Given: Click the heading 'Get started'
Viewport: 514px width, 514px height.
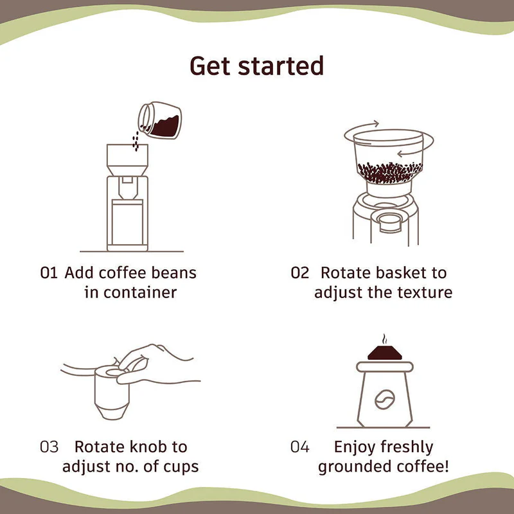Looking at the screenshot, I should tap(256, 66).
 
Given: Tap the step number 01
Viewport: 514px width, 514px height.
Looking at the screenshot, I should tap(49, 272).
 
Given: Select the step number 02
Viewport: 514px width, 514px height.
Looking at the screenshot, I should tap(300, 272).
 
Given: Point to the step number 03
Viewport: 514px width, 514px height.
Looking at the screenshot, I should tap(49, 447).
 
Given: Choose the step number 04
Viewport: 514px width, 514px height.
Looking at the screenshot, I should tap(300, 447).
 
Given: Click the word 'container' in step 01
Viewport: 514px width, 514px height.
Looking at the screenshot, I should tap(139, 292).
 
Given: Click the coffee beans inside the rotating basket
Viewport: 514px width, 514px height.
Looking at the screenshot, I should tap(385, 171).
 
